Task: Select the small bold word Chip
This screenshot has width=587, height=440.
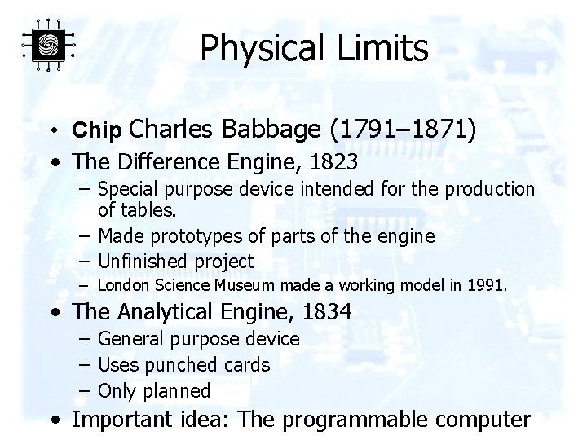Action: pyautogui.click(x=97, y=130)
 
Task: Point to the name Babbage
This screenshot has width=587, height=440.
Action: pyautogui.click(x=273, y=128)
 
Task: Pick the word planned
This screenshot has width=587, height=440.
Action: pyautogui.click(x=177, y=390)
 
